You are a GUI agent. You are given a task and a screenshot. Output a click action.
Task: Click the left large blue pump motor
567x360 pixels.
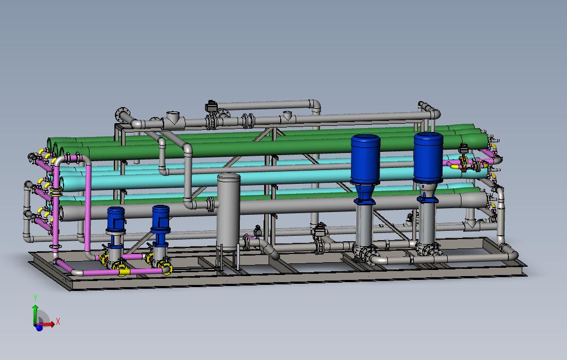(365, 159)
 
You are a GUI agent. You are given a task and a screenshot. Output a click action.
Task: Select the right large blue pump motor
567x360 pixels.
(428, 156)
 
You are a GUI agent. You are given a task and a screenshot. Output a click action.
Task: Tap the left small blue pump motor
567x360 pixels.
(116, 219)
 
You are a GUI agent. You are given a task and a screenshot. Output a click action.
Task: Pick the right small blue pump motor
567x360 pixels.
(160, 218)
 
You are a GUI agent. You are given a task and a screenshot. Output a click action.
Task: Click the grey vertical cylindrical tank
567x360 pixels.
(228, 210)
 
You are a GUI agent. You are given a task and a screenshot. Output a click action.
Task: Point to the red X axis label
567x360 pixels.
(58, 321)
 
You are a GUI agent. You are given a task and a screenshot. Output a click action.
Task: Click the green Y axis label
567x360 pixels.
(35, 298)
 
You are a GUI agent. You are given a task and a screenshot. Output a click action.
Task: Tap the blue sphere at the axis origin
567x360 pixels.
(39, 327)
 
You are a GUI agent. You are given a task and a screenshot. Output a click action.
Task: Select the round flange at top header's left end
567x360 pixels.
(121, 115)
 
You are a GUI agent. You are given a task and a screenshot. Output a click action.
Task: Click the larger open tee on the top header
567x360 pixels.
(173, 118)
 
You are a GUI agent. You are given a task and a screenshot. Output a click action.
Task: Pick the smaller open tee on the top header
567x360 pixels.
(287, 116)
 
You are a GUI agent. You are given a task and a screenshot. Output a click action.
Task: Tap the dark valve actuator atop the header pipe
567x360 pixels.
(211, 105)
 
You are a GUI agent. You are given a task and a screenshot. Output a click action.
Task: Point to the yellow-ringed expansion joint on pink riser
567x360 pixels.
(55, 191)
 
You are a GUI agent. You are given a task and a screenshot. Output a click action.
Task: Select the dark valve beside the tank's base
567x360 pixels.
(257, 230)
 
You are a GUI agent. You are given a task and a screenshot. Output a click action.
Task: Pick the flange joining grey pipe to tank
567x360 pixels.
(210, 204)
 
